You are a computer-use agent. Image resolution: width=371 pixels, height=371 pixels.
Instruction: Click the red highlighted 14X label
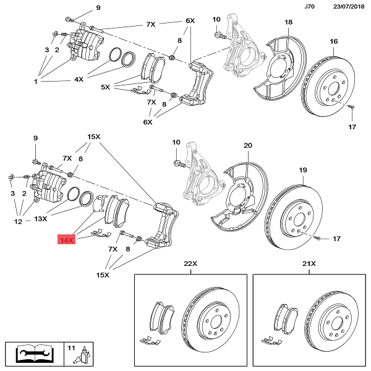click(x=66, y=239)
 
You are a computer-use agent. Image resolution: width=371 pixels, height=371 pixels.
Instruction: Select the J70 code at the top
click(x=310, y=7)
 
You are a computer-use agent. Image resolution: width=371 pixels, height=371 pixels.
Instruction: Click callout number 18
click(x=288, y=23)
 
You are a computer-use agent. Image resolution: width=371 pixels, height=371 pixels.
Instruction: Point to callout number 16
click(x=334, y=41)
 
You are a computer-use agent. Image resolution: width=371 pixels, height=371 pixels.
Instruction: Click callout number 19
click(x=303, y=169)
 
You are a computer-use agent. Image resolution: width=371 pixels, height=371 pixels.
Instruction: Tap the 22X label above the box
click(x=190, y=264)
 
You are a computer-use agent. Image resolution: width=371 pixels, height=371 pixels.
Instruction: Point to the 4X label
click(x=79, y=80)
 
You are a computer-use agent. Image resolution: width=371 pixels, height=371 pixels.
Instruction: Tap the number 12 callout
click(x=19, y=221)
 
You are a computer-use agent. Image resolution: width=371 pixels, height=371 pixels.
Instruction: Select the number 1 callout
click(x=36, y=81)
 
